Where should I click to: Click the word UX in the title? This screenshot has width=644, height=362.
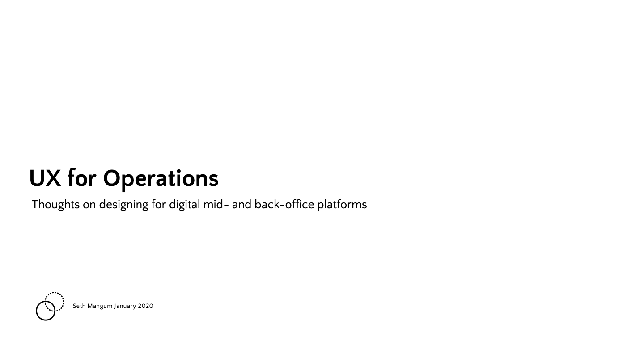point(45,178)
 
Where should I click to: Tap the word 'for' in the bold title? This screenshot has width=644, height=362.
point(82,178)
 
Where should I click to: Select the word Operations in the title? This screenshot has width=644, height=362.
point(161,178)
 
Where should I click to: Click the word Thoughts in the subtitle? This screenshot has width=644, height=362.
point(55,205)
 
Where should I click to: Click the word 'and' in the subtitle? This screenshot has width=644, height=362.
point(241,205)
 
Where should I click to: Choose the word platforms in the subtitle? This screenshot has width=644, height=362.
point(342,205)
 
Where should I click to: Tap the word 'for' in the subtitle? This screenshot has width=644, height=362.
point(159,205)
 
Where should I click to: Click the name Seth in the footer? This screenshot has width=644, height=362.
point(79,306)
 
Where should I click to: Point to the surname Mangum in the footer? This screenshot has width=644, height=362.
point(100,306)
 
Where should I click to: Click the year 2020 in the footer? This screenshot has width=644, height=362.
point(145,306)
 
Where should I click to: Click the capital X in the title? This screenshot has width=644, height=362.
point(53,178)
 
